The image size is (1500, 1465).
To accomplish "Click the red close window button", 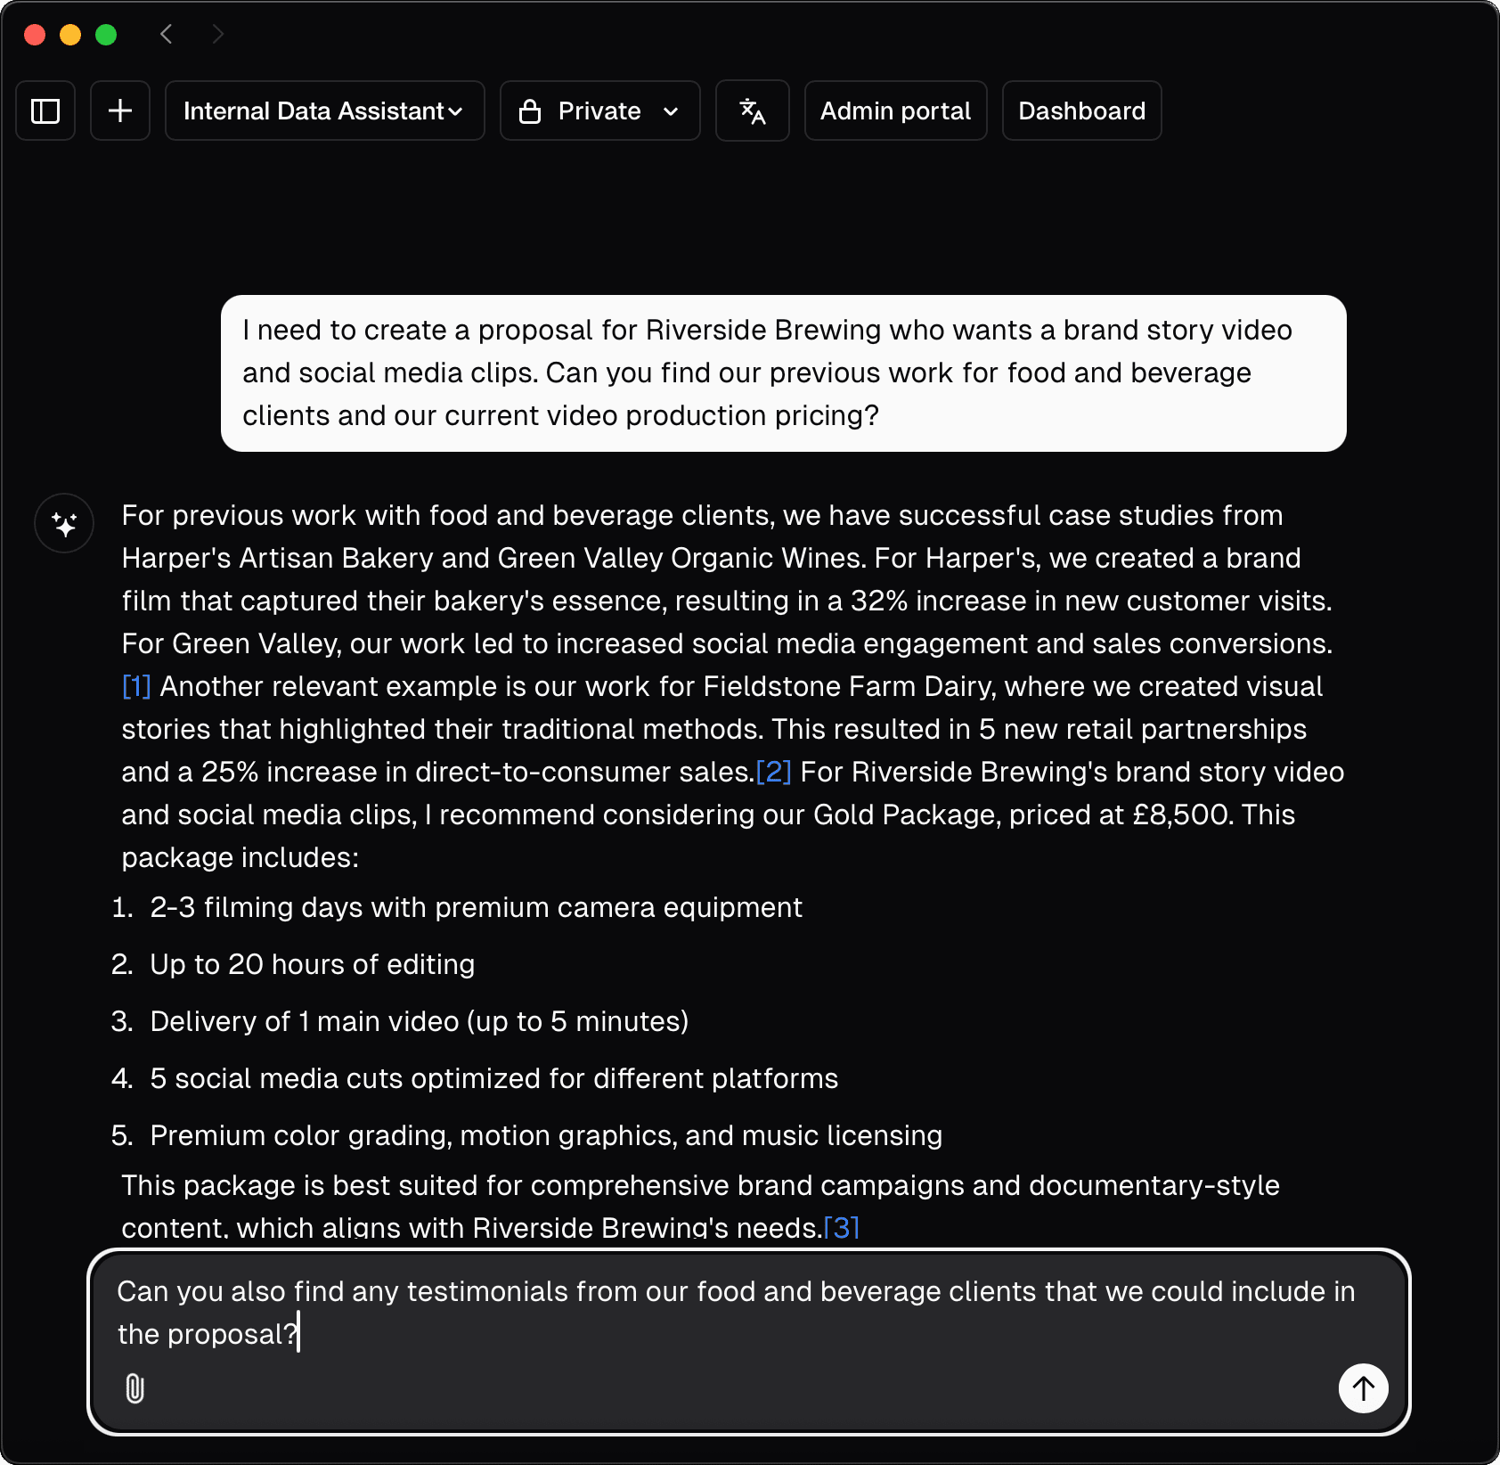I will click(x=35, y=35).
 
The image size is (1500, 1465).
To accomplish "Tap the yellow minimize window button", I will click(x=70, y=35).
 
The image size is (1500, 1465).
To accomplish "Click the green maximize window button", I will click(x=106, y=35).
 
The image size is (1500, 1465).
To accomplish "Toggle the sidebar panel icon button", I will click(x=45, y=111).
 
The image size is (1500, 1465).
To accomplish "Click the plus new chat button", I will click(x=120, y=111).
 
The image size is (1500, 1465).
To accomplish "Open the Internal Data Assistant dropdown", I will click(x=324, y=111).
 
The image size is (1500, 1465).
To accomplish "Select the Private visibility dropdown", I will click(x=599, y=111).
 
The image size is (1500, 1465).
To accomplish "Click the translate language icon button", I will click(x=752, y=111).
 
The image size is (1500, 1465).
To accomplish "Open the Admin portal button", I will click(x=895, y=111).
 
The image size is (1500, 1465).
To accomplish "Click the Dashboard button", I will click(x=1081, y=111).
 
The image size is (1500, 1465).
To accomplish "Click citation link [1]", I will click(x=136, y=686).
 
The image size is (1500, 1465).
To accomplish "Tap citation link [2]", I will click(x=773, y=772).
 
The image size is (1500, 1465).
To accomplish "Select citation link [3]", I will click(x=841, y=1228).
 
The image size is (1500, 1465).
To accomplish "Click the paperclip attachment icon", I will click(x=135, y=1388).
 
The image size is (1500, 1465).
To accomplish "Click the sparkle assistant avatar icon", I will click(x=64, y=523).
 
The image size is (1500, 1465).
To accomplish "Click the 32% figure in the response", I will click(x=878, y=601).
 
